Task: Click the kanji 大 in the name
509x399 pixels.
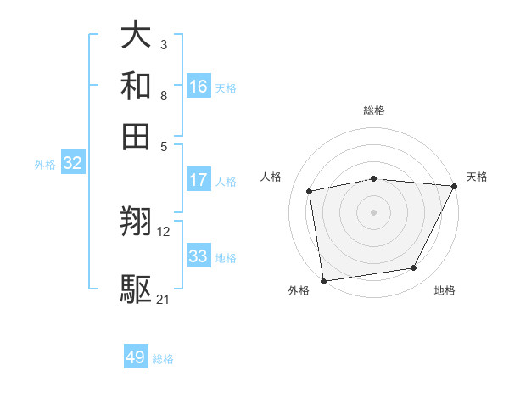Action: (x=137, y=37)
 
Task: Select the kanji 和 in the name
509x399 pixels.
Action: (x=137, y=87)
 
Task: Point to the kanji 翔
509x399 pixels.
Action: (x=137, y=222)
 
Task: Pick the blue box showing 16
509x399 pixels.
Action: (x=199, y=86)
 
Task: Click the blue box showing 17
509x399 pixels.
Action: (x=199, y=180)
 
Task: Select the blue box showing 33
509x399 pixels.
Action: (x=199, y=256)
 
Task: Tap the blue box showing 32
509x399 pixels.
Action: (x=72, y=164)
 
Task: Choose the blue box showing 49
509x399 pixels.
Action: (x=136, y=357)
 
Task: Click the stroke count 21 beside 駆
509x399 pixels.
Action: (x=164, y=299)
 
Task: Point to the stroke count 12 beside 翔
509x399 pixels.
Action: (x=164, y=231)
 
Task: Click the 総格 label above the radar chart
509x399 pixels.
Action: (x=374, y=111)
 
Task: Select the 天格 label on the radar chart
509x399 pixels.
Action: (x=477, y=177)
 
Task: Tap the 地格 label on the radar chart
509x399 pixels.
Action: (x=445, y=291)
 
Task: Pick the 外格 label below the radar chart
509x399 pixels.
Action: (x=299, y=291)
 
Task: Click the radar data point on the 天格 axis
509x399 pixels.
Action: (x=455, y=186)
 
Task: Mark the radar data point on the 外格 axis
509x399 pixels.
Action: (x=323, y=280)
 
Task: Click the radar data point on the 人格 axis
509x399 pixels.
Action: (x=310, y=191)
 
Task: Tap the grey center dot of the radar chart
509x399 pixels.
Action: (x=374, y=211)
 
